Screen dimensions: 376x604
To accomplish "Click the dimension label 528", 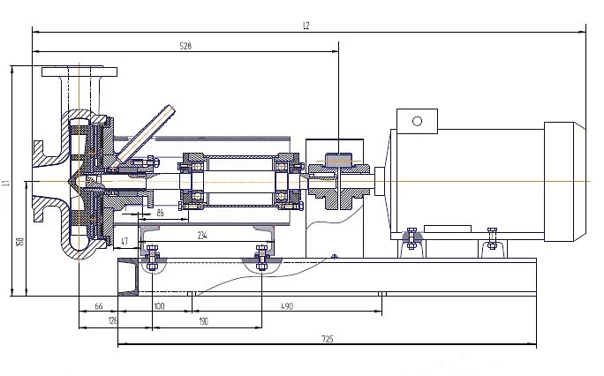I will coord(185,45).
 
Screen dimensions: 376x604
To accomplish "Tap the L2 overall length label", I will coord(306,25).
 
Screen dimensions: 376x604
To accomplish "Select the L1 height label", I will coord(6,184).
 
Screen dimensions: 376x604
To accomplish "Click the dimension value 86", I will coord(161,213).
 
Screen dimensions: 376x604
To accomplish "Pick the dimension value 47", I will coord(125,240).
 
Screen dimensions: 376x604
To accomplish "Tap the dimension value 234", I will coord(202,235).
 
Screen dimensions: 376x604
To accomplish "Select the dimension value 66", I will coord(98,305).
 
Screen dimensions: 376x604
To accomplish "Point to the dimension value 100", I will coord(159,305).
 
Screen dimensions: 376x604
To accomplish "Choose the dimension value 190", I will coord(204,321).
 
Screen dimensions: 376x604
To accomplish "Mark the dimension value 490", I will coord(286,305).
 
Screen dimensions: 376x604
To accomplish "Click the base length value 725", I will coord(328,337).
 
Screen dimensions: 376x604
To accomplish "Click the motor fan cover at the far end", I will coord(563,182).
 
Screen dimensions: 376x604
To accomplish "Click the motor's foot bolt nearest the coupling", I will coord(409,236).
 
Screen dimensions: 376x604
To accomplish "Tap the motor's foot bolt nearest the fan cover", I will coord(492,235).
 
